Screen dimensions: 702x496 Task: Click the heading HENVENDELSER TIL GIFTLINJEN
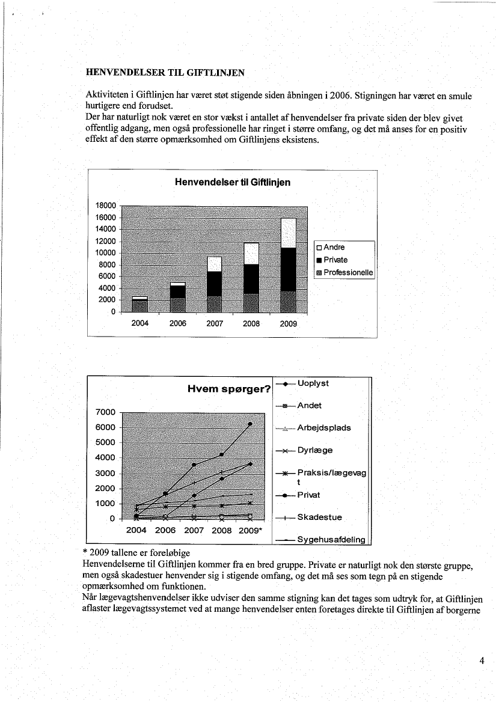pyautogui.click(x=165, y=73)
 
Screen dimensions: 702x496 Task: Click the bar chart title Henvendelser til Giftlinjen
pyautogui.click(x=232, y=182)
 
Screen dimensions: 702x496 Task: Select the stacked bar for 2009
pyautogui.click(x=289, y=265)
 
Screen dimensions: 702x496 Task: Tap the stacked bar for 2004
pyautogui.click(x=140, y=305)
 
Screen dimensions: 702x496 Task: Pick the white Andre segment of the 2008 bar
pyautogui.click(x=251, y=254)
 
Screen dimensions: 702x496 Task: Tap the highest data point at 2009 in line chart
pyautogui.click(x=250, y=424)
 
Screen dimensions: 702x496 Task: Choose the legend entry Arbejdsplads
pyautogui.click(x=324, y=428)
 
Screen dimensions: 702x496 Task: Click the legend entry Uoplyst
pyautogui.click(x=313, y=383)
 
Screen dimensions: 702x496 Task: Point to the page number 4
pyautogui.click(x=482, y=662)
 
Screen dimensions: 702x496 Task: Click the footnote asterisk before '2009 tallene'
pyautogui.click(x=85, y=552)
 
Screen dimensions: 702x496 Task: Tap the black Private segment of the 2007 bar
pyautogui.click(x=215, y=284)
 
